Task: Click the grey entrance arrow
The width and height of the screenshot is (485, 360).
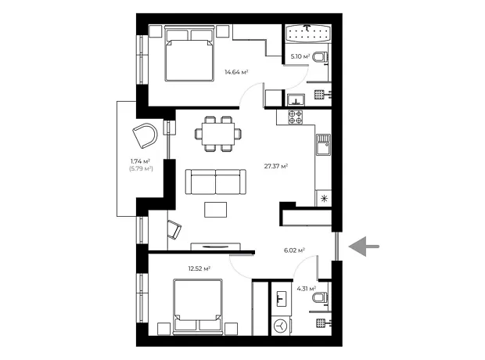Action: [x=364, y=247]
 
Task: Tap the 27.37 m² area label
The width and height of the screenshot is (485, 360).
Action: [x=276, y=166]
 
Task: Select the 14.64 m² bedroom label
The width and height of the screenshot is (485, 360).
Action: [x=236, y=73]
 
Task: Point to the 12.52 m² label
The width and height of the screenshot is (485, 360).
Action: [x=199, y=268]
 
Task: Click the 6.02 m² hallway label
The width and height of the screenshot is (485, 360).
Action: [x=294, y=250]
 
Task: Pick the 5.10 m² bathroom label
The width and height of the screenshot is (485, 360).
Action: [x=300, y=56]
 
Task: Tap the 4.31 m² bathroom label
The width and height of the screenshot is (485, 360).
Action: [x=306, y=289]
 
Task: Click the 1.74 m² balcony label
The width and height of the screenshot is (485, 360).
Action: [x=140, y=161]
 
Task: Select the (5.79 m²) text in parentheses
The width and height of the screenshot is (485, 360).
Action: [x=141, y=169]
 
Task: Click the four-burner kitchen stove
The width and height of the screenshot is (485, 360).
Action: [x=295, y=117]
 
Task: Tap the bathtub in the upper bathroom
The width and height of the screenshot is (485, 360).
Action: [x=307, y=33]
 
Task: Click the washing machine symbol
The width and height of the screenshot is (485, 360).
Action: [x=281, y=326]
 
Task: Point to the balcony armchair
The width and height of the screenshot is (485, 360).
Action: [x=145, y=135]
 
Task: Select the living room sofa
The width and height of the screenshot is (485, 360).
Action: [x=216, y=182]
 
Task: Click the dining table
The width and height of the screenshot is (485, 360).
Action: [x=218, y=134]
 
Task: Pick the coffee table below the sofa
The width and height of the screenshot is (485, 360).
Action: [x=215, y=210]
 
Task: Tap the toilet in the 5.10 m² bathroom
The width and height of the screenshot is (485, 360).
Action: [x=320, y=57]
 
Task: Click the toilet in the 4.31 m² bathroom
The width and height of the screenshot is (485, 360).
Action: [x=319, y=297]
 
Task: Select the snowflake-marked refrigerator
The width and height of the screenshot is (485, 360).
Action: [x=324, y=198]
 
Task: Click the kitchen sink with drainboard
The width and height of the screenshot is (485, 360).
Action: [x=324, y=145]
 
